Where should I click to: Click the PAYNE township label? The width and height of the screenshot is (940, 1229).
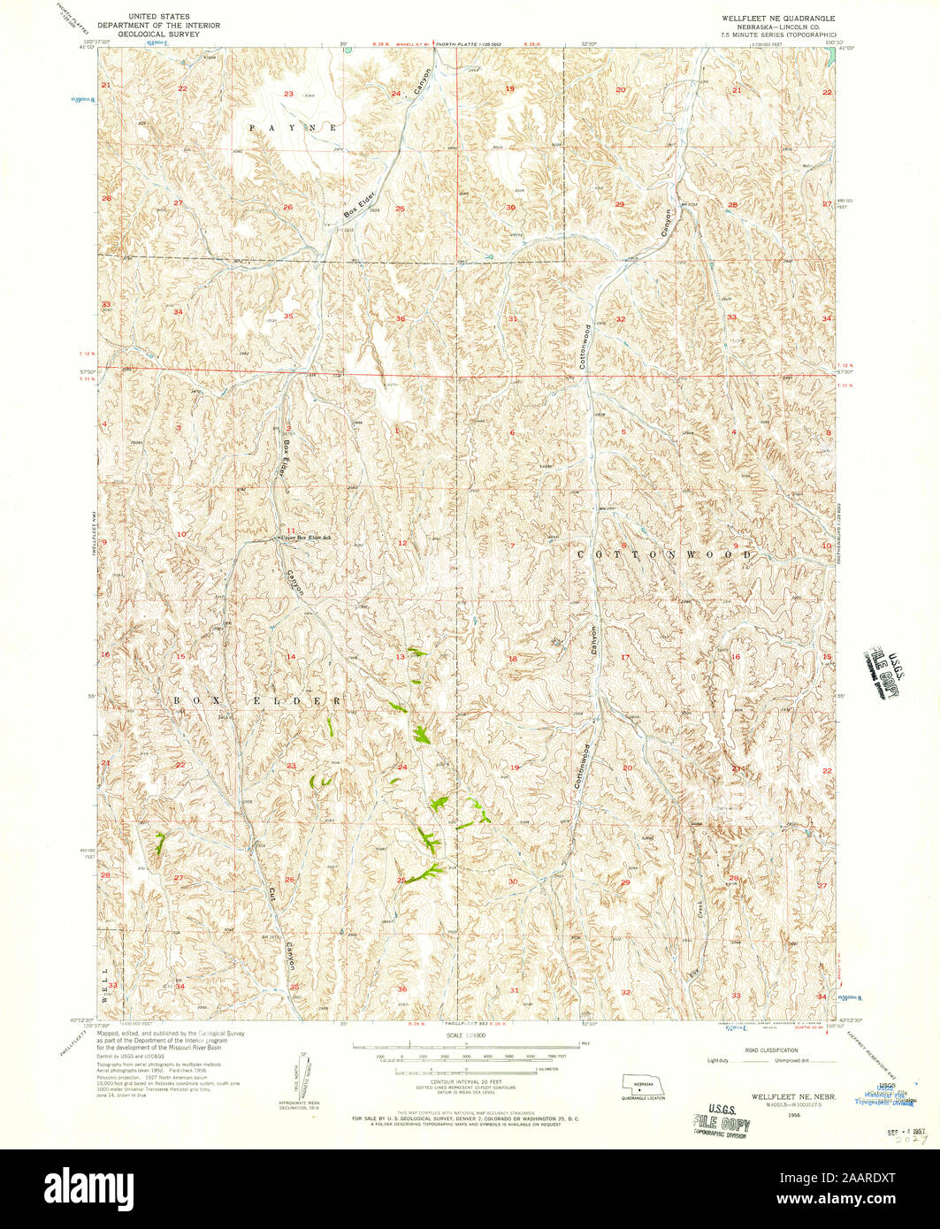pos(293,128)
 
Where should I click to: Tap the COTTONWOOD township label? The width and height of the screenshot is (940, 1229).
pos(664,553)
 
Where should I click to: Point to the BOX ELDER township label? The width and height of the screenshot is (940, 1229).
pos(257,699)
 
